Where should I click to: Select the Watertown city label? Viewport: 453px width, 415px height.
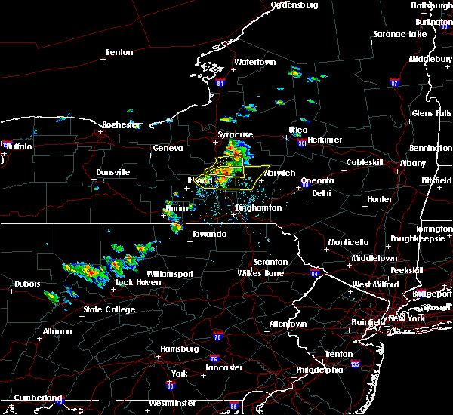coord(254,62)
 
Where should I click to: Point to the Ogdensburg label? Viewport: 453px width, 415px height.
coord(294,5)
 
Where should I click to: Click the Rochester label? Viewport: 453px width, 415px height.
coord(122,124)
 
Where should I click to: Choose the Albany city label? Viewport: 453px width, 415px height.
coord(413,163)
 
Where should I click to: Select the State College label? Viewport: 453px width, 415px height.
coord(109,310)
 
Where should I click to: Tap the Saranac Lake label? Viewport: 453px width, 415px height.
coord(399,35)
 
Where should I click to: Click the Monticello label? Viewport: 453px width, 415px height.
coord(348,243)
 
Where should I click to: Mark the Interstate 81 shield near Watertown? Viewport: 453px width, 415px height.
coord(219,81)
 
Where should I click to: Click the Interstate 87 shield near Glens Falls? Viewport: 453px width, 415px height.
coord(394,81)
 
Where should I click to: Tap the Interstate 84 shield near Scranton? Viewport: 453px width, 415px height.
coord(315,273)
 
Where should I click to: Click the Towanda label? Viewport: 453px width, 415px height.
coord(209,235)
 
